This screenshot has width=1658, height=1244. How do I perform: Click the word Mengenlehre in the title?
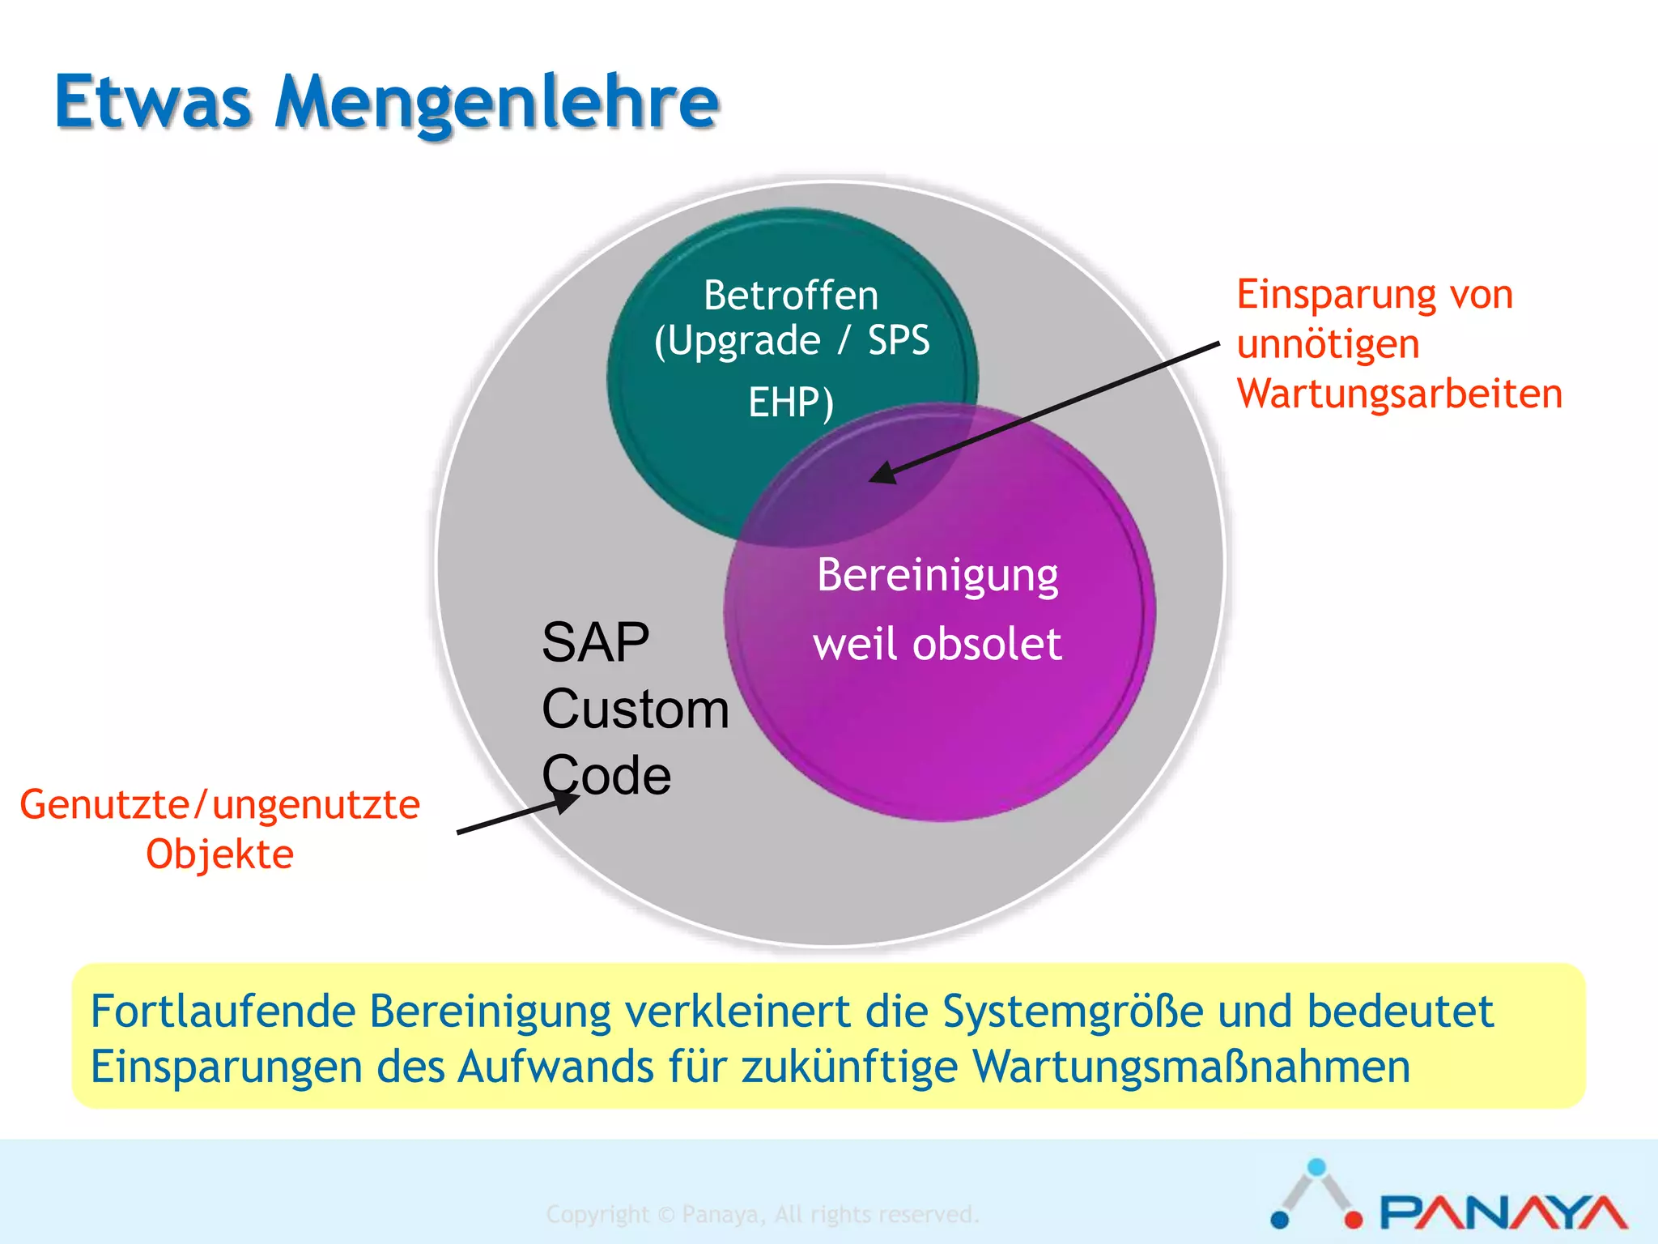(x=496, y=104)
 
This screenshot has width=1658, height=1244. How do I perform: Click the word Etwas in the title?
(x=153, y=104)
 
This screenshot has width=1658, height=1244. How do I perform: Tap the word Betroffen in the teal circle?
(x=791, y=296)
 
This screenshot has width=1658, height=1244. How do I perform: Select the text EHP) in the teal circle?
(x=791, y=403)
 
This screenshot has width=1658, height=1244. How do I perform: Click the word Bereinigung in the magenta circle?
(x=937, y=577)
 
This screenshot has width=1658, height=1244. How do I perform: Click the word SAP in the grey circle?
(x=595, y=643)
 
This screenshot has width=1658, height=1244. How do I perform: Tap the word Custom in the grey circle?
(x=636, y=709)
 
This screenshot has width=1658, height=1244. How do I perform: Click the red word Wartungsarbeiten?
(x=1399, y=394)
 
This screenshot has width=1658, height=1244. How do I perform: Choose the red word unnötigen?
(x=1328, y=345)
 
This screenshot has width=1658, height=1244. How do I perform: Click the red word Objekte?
(x=219, y=855)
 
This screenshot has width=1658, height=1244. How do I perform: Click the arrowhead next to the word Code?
(x=567, y=802)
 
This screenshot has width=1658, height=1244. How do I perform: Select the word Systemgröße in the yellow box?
(x=1073, y=1012)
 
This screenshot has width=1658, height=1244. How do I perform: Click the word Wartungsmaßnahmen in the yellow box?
(x=1191, y=1067)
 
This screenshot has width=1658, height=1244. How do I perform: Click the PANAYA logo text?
(x=1503, y=1212)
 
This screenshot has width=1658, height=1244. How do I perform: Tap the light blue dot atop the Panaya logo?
(x=1317, y=1167)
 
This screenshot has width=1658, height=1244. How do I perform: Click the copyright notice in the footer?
(x=762, y=1214)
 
